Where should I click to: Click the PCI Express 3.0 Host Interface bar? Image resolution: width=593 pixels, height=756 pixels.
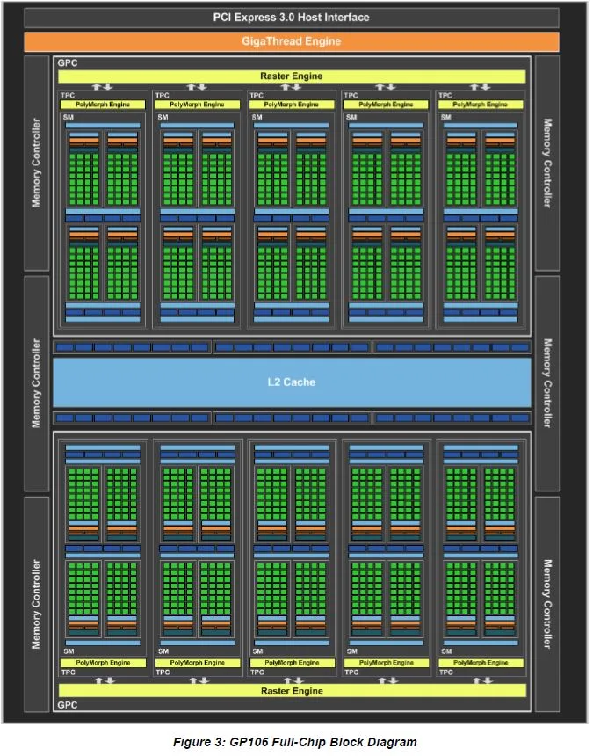[x=291, y=18]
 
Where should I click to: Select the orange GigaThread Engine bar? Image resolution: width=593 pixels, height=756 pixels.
[x=291, y=41]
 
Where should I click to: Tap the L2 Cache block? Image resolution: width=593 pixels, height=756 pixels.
[x=291, y=382]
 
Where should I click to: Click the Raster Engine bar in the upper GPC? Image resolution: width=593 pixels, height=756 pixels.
[x=291, y=76]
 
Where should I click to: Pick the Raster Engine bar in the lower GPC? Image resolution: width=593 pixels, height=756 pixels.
[x=291, y=691]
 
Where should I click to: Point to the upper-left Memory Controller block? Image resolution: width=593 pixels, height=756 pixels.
[x=37, y=164]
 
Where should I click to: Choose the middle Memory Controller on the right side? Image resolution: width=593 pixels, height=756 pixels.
[x=546, y=383]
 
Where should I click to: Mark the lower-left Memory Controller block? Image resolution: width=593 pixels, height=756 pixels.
[x=37, y=603]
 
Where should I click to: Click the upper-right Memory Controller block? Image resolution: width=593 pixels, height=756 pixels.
[x=546, y=164]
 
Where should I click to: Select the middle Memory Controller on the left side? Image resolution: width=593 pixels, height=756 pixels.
[x=37, y=383]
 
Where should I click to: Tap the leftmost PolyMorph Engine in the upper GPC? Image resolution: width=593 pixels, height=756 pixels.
[x=102, y=105]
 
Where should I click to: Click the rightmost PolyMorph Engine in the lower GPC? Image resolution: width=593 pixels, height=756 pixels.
[x=481, y=662]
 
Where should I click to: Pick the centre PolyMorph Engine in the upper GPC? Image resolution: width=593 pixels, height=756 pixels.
[x=291, y=105]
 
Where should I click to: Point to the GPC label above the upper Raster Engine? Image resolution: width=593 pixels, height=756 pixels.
[x=67, y=64]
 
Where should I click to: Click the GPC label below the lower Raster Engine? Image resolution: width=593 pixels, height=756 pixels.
[x=67, y=705]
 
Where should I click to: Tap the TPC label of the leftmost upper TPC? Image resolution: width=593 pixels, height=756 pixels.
[x=67, y=95]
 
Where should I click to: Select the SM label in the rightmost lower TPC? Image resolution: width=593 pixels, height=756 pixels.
[x=447, y=651]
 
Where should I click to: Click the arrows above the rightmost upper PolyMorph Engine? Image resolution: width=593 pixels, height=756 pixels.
[x=480, y=87]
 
